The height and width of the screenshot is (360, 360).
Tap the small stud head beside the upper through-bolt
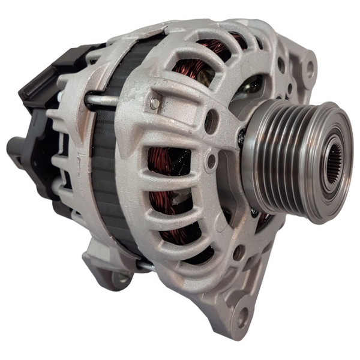[155, 103]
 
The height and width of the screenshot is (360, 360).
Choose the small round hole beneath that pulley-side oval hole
[211, 161]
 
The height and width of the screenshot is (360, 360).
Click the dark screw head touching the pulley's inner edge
[241, 138]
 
